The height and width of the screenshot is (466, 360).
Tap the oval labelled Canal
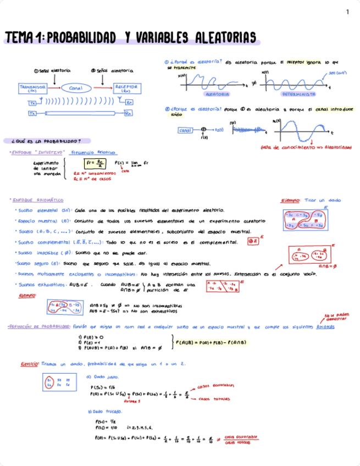[72, 88]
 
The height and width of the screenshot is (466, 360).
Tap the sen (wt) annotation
[337, 73]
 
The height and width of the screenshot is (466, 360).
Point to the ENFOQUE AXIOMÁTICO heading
[38, 200]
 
